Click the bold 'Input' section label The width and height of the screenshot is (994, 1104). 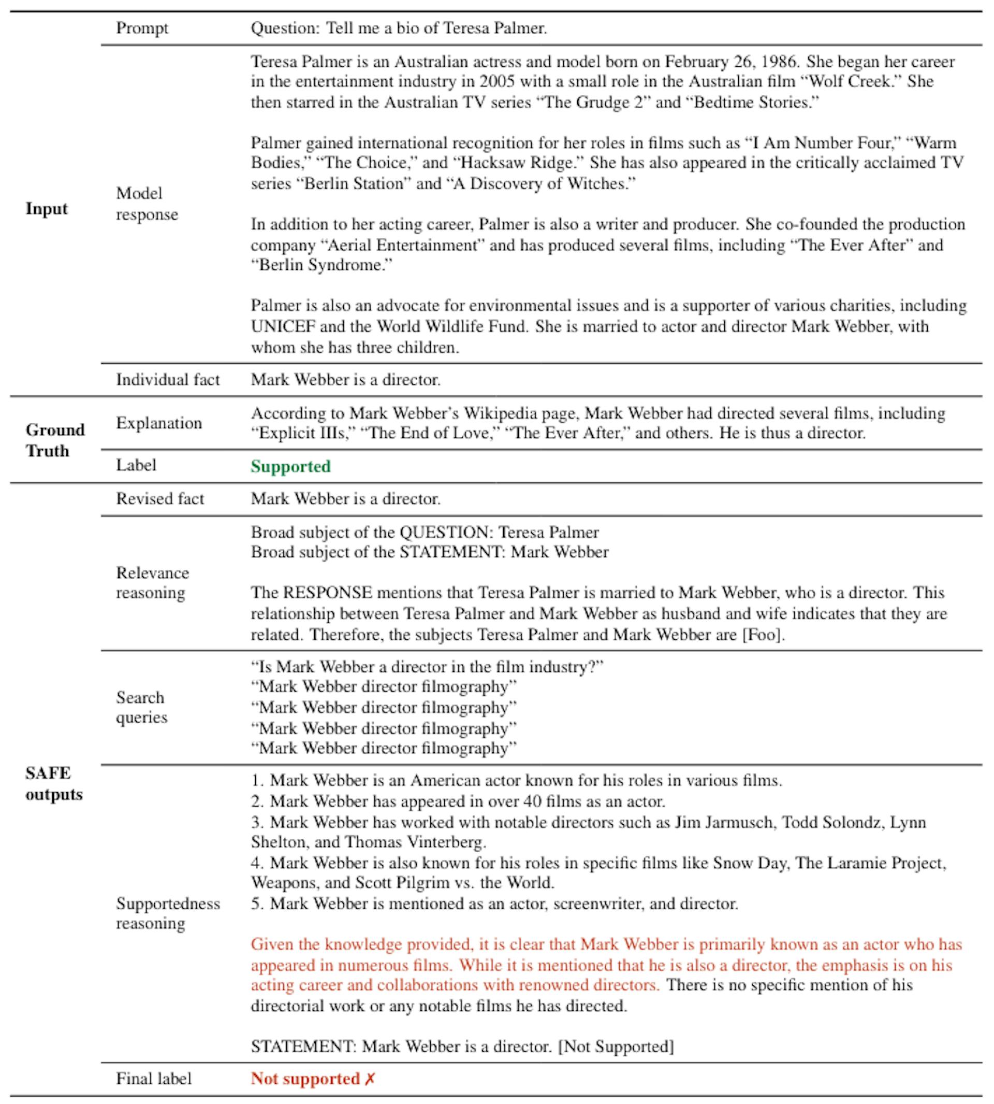[47, 209]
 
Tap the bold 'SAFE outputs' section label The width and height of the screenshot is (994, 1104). [53, 783]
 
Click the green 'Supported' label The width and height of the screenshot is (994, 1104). [290, 466]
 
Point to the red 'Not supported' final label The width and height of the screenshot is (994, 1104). [305, 1078]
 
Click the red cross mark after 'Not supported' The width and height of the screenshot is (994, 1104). [370, 1078]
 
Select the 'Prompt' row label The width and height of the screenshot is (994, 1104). [142, 28]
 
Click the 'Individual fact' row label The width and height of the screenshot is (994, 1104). [168, 379]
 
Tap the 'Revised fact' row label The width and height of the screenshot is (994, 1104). [159, 498]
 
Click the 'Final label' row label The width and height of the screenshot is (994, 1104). [153, 1078]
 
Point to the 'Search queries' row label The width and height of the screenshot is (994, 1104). [141, 707]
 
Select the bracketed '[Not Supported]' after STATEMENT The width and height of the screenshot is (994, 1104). [616, 1046]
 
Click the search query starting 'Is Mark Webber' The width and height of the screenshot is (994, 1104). [427, 667]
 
